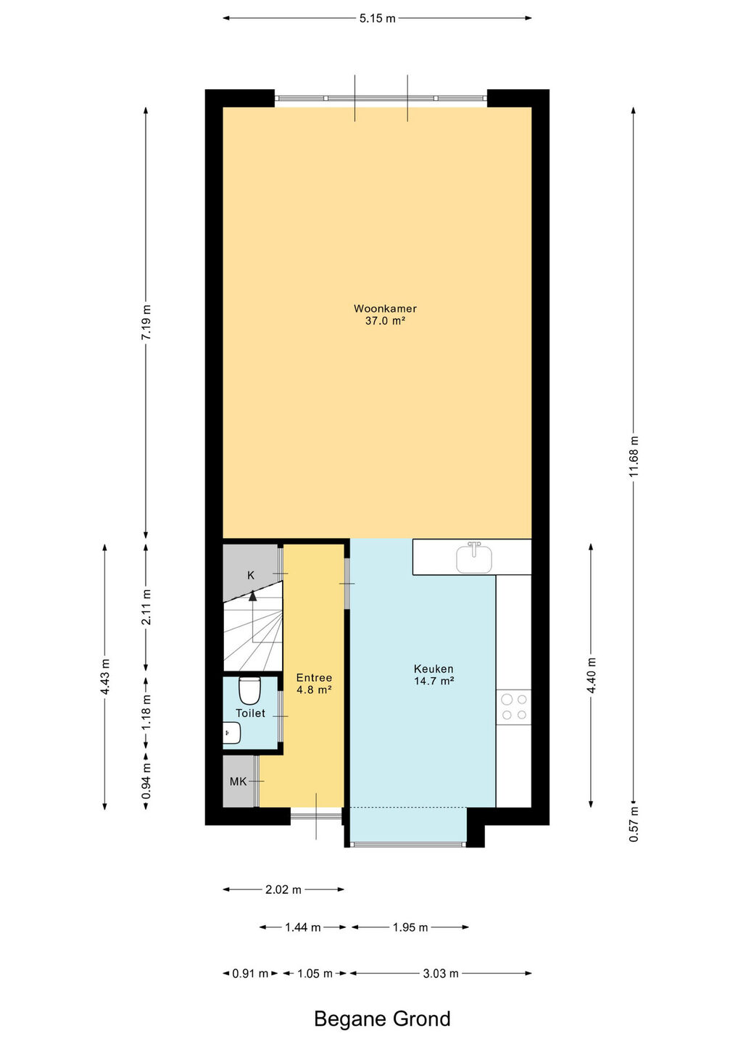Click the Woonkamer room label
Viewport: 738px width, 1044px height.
(385, 308)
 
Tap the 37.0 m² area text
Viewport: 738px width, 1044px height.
(385, 320)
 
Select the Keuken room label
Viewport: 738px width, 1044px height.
(434, 668)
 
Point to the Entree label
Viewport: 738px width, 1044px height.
(314, 678)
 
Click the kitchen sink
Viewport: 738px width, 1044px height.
(474, 558)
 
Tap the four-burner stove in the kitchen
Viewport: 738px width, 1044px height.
(514, 707)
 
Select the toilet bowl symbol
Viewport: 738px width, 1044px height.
(249, 691)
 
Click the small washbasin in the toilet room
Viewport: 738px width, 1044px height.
(231, 733)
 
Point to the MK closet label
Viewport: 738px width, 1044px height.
(238, 782)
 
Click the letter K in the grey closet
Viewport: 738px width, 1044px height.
(251, 576)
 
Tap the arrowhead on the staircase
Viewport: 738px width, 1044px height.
(252, 594)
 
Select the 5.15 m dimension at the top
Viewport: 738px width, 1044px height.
(377, 18)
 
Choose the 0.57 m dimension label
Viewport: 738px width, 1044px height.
(634, 824)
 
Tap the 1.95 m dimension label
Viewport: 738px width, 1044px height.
(410, 927)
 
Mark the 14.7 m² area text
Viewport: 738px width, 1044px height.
(434, 681)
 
